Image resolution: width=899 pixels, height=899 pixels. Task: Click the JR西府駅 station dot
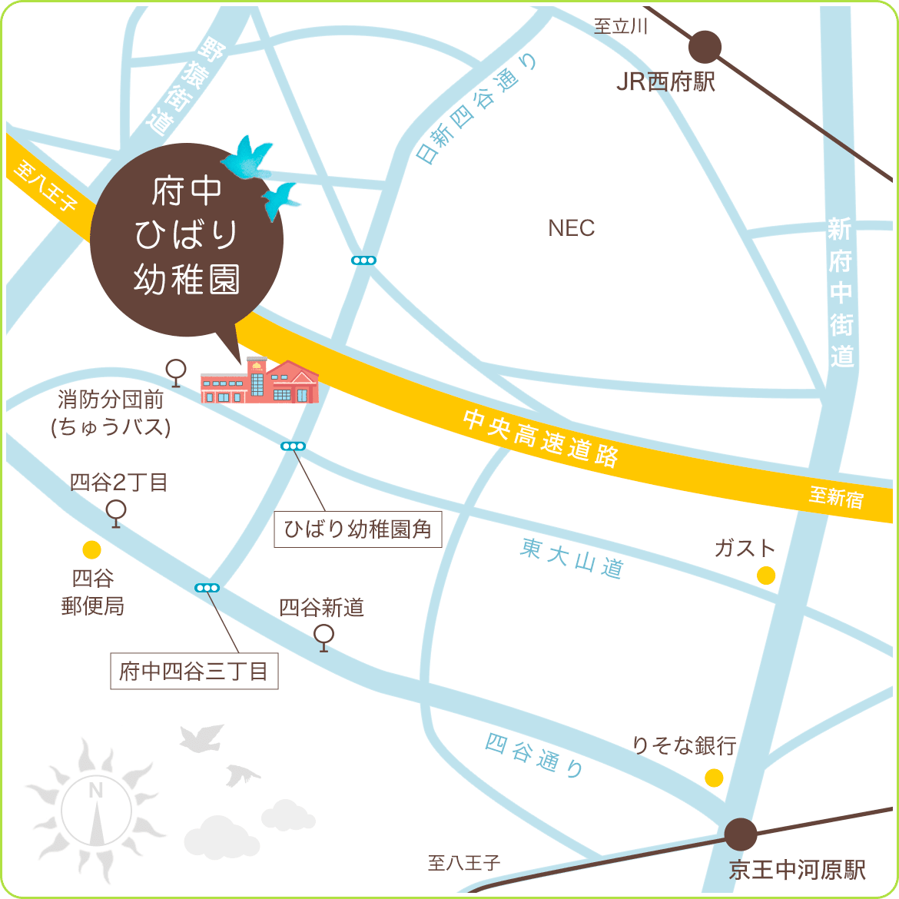[x=705, y=48]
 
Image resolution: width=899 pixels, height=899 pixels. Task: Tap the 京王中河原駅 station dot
[x=741, y=834]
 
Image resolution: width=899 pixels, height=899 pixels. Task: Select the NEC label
[x=572, y=228]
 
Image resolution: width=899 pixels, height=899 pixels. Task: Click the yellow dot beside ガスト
[x=766, y=575]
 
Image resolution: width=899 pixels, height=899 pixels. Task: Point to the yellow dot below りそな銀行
[x=714, y=778]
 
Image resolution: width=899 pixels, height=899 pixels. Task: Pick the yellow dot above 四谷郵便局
[x=91, y=549]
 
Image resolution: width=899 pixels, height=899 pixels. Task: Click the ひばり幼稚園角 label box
[x=358, y=529]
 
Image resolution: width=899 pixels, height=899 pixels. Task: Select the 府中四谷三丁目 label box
[x=194, y=672]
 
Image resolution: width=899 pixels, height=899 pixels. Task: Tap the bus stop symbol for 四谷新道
[x=324, y=637]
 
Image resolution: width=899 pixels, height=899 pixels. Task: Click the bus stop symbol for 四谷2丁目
[x=116, y=513]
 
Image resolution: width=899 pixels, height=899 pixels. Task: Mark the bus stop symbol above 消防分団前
[x=177, y=372]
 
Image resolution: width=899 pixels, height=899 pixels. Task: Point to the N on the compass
[x=96, y=791]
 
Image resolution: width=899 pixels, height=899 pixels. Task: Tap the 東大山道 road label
[x=572, y=558]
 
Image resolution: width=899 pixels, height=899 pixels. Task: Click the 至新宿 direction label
[x=836, y=497]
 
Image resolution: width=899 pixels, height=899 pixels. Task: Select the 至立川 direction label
[x=621, y=27]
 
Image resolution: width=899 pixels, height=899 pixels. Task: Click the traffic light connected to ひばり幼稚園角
[x=294, y=446]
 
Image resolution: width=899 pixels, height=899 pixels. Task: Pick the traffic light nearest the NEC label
[x=363, y=260]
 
